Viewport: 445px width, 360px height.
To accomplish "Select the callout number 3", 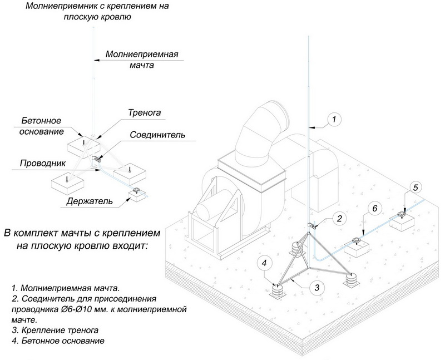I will click(316, 287).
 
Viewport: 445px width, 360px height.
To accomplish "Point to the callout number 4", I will click(266, 262).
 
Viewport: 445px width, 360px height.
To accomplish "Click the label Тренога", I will click(144, 112).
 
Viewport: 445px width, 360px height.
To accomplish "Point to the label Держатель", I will click(90, 200).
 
